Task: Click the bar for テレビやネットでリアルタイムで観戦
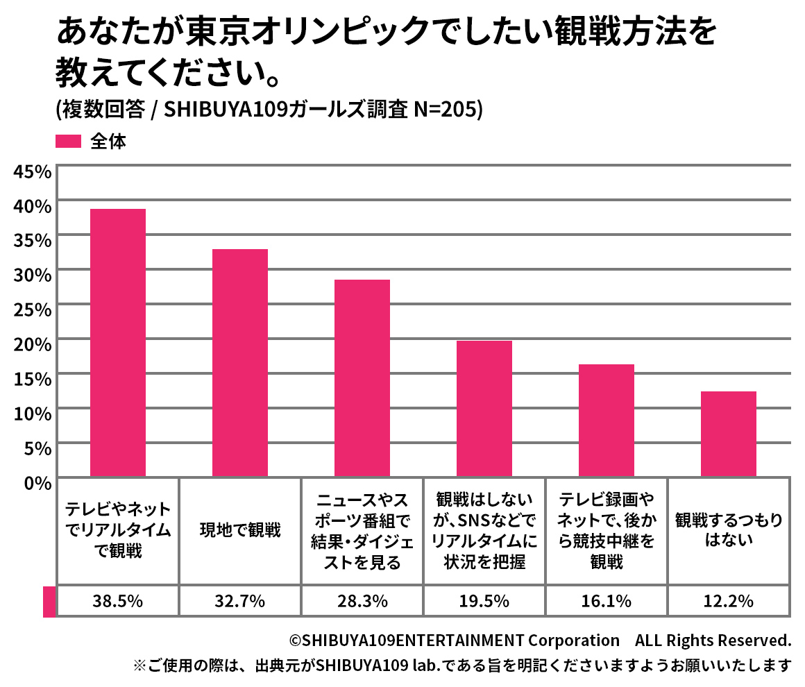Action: [x=118, y=343]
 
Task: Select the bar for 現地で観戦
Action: [x=240, y=363]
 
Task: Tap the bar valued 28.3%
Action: [x=362, y=378]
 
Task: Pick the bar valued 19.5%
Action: [x=484, y=409]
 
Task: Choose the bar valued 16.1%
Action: [x=607, y=421]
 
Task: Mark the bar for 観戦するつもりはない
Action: [x=729, y=434]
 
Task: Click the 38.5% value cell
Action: [x=118, y=601]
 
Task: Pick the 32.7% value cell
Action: [x=240, y=601]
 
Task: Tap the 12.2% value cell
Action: [x=729, y=601]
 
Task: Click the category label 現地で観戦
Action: [x=240, y=531]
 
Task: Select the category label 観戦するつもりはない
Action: [x=729, y=531]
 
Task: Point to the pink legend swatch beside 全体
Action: [x=69, y=142]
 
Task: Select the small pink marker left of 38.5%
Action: [x=49, y=602]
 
